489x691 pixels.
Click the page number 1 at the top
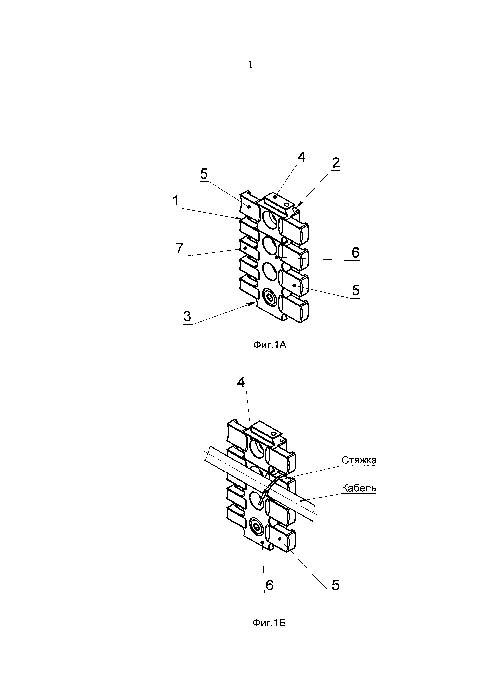251,64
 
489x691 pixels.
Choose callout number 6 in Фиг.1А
355,253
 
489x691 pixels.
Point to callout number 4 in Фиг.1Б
241,382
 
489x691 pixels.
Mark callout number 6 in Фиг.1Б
269,585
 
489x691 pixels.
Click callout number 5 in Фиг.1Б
335,585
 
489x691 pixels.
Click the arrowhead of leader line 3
251,304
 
